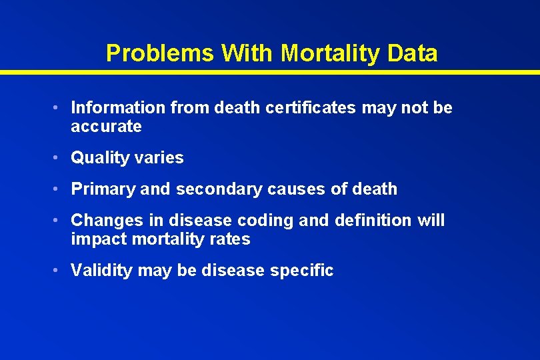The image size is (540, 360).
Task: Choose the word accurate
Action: click(x=106, y=127)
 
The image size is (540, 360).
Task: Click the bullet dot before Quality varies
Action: click(x=59, y=158)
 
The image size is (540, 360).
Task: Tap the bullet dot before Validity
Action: click(x=59, y=271)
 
